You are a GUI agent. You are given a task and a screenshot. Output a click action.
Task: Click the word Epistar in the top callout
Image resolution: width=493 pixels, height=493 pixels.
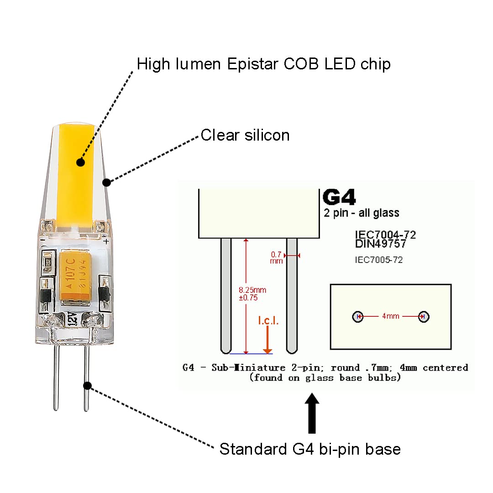(252, 64)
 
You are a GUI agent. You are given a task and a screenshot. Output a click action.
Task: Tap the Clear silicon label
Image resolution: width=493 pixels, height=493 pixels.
(245, 135)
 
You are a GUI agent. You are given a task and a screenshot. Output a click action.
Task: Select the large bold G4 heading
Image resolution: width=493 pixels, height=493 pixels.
(339, 197)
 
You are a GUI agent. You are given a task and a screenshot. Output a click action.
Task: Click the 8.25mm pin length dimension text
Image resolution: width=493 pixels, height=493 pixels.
(252, 290)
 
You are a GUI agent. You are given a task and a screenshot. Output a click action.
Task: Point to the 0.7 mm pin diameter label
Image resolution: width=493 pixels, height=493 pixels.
(276, 257)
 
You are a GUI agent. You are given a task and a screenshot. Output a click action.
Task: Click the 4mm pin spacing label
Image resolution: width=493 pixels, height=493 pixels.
(390, 316)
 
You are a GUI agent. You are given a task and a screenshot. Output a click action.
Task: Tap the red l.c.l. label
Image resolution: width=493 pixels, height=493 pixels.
(268, 320)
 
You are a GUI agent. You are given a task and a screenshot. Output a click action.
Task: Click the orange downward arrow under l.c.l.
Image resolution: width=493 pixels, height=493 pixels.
(267, 340)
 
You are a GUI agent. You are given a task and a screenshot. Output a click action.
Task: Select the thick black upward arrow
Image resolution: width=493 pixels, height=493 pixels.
(312, 413)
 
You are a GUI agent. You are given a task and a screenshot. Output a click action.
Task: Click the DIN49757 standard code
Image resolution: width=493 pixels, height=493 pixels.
(380, 244)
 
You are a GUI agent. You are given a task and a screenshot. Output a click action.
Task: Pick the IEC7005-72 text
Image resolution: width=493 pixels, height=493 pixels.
(378, 260)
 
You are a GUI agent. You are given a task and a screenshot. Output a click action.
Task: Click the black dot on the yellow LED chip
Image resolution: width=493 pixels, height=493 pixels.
(80, 162)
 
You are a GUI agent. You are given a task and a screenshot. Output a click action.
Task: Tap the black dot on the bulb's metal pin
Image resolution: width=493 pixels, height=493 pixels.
(87, 385)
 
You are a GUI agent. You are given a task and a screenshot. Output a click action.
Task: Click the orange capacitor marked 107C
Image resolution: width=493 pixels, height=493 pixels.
(75, 275)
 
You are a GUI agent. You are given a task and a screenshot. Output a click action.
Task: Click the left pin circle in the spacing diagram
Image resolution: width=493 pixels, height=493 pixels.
(357, 316)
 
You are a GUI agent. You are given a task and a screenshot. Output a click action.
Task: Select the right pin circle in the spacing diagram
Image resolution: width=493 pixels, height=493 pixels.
(424, 316)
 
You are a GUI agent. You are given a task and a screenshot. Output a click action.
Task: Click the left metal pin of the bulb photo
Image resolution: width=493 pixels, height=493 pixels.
(56, 378)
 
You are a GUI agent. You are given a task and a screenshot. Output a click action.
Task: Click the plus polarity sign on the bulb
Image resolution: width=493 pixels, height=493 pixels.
(106, 241)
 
